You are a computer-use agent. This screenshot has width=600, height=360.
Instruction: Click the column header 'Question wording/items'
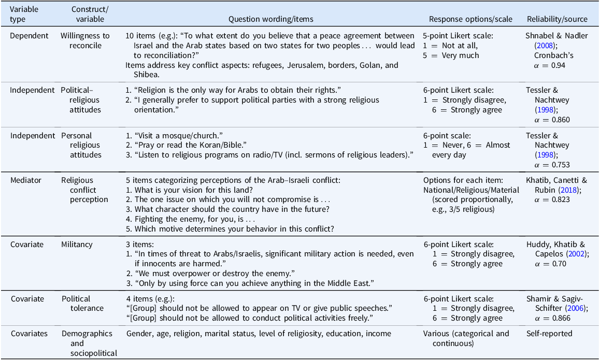pos(270,19)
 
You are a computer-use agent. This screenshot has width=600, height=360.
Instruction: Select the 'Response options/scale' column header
pos(470,19)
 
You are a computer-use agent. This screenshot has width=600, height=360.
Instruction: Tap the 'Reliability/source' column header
pos(557,19)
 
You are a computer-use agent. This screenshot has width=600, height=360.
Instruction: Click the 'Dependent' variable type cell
pos(30,36)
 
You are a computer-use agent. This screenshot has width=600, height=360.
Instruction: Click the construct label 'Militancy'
pos(77,244)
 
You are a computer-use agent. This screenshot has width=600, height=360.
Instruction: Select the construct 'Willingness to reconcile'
pos(85,40)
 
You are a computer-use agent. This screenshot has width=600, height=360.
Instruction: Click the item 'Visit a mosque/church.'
pos(172,135)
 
